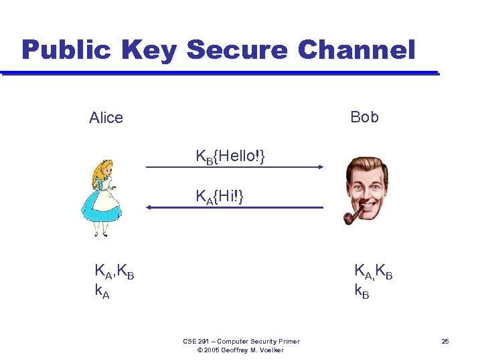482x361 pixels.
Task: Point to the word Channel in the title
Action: click(355, 49)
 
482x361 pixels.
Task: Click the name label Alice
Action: click(106, 118)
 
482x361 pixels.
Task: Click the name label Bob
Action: click(364, 118)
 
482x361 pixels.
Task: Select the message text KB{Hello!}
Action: click(230, 157)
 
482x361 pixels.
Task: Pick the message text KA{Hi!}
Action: click(219, 197)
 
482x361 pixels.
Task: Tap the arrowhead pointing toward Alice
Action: click(150, 208)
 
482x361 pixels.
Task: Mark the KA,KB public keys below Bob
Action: click(373, 271)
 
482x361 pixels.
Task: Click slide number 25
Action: click(445, 342)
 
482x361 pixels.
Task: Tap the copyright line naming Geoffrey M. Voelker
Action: click(241, 350)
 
